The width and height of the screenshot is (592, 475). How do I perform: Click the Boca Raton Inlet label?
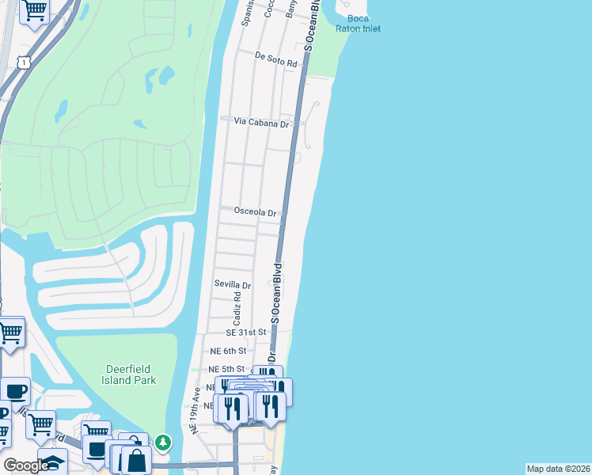pos(363,23)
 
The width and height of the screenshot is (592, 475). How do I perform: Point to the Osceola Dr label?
pos(255,212)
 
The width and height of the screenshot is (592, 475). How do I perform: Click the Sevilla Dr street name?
pos(233,285)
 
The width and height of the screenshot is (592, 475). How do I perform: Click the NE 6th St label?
pos(228,351)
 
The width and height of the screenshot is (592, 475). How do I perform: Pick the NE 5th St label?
pos(226,370)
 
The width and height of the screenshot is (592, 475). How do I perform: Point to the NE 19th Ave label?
pos(194,410)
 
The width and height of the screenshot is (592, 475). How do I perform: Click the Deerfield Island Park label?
pos(131,374)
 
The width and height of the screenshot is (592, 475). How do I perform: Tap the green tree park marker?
pos(162,442)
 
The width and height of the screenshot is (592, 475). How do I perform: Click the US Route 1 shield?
pos(25,62)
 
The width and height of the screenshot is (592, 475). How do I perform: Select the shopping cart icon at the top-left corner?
pos(34,10)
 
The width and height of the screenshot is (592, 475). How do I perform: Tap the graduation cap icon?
pos(53,462)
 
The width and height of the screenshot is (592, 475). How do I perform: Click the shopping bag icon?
pos(136,459)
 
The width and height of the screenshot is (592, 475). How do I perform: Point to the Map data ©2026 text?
pos(558,469)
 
